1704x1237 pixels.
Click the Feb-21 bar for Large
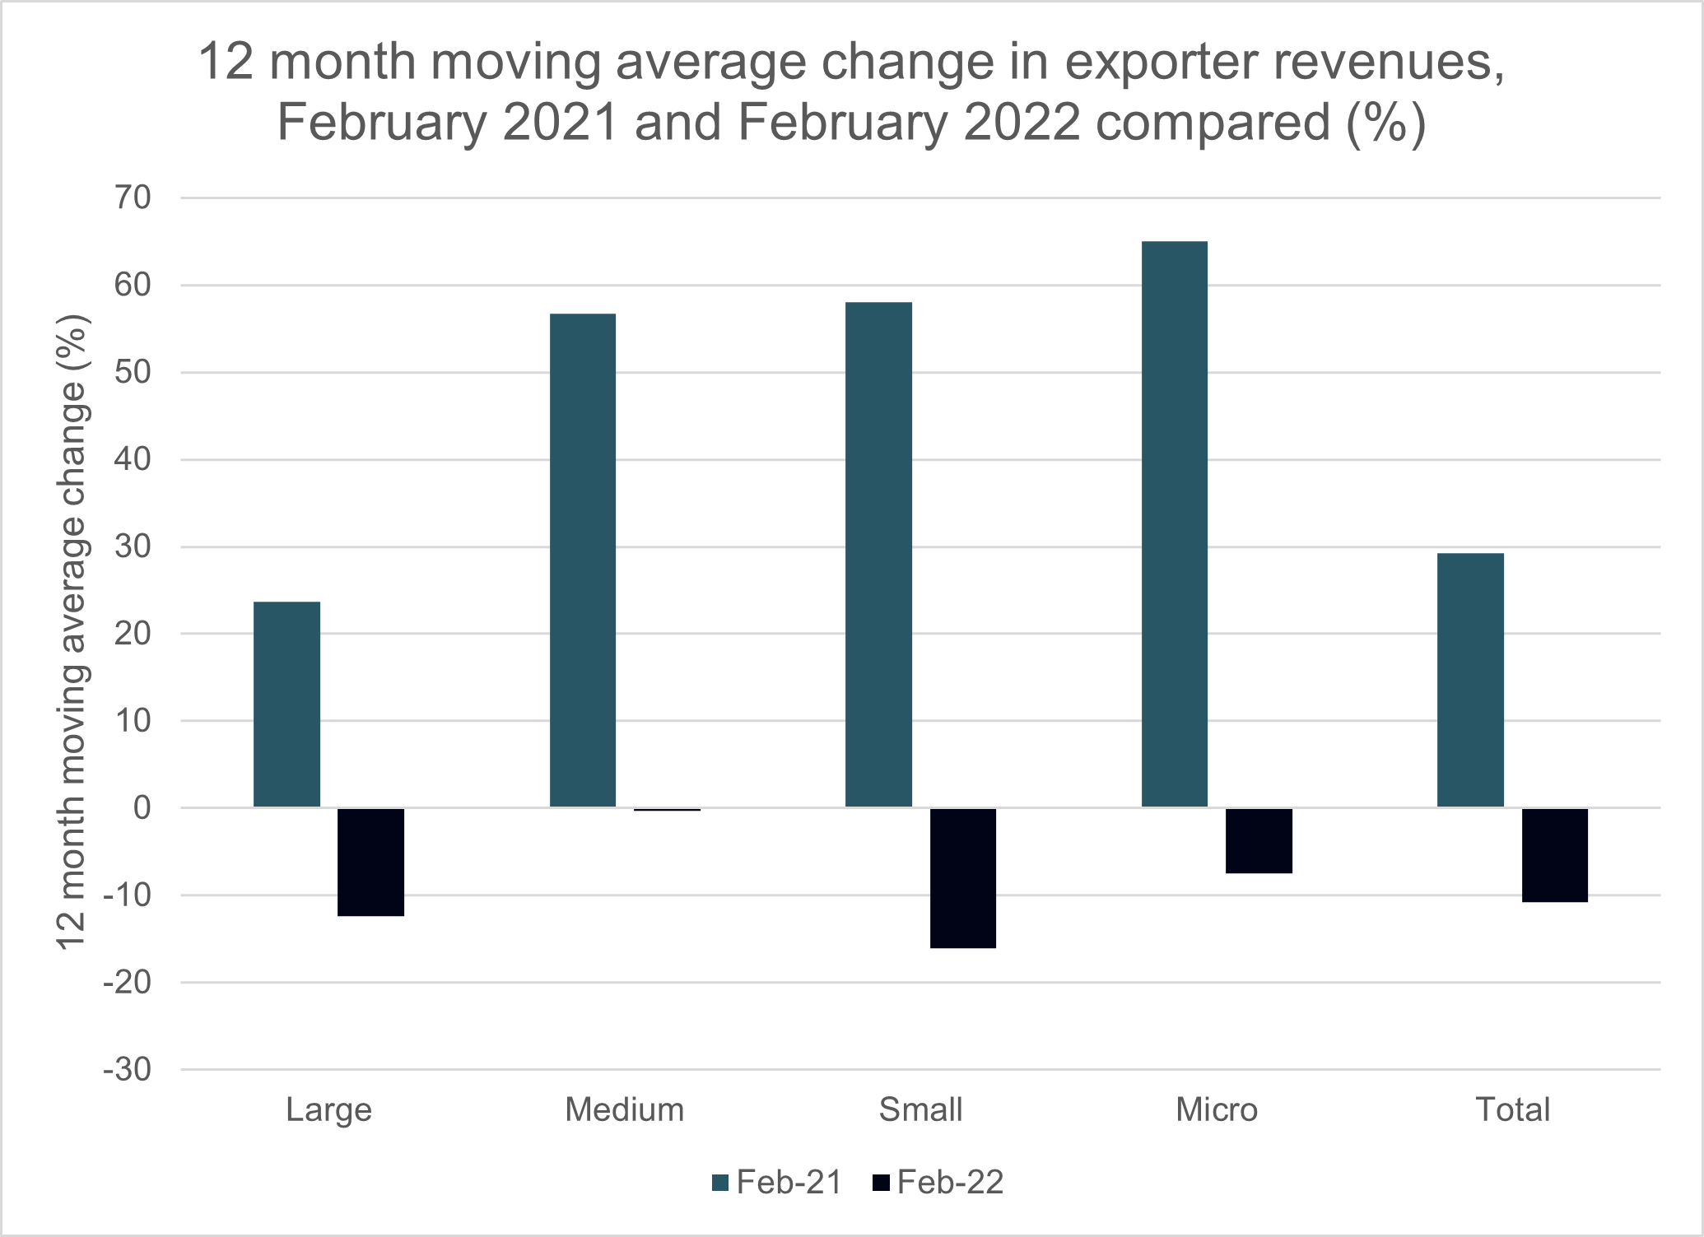tap(286, 705)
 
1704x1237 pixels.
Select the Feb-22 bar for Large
tap(370, 862)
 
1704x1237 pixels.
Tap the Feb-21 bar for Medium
tap(582, 560)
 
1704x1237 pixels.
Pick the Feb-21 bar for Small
tap(878, 555)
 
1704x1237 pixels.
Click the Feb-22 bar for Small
tap(962, 878)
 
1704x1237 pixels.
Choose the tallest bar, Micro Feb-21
tap(1174, 524)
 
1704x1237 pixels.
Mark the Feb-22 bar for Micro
tap(1259, 840)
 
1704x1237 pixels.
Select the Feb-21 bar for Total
tap(1470, 680)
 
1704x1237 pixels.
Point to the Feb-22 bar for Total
tap(1554, 855)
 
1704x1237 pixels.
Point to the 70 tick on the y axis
tap(133, 198)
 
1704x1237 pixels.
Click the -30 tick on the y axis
tap(128, 1070)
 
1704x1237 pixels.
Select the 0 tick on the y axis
tap(142, 808)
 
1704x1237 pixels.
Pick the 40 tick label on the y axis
tap(133, 459)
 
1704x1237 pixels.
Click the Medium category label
tap(624, 1110)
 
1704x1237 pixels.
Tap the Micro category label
tap(1216, 1110)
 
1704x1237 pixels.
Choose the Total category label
tap(1512, 1110)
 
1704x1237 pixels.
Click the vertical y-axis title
tap(72, 632)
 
